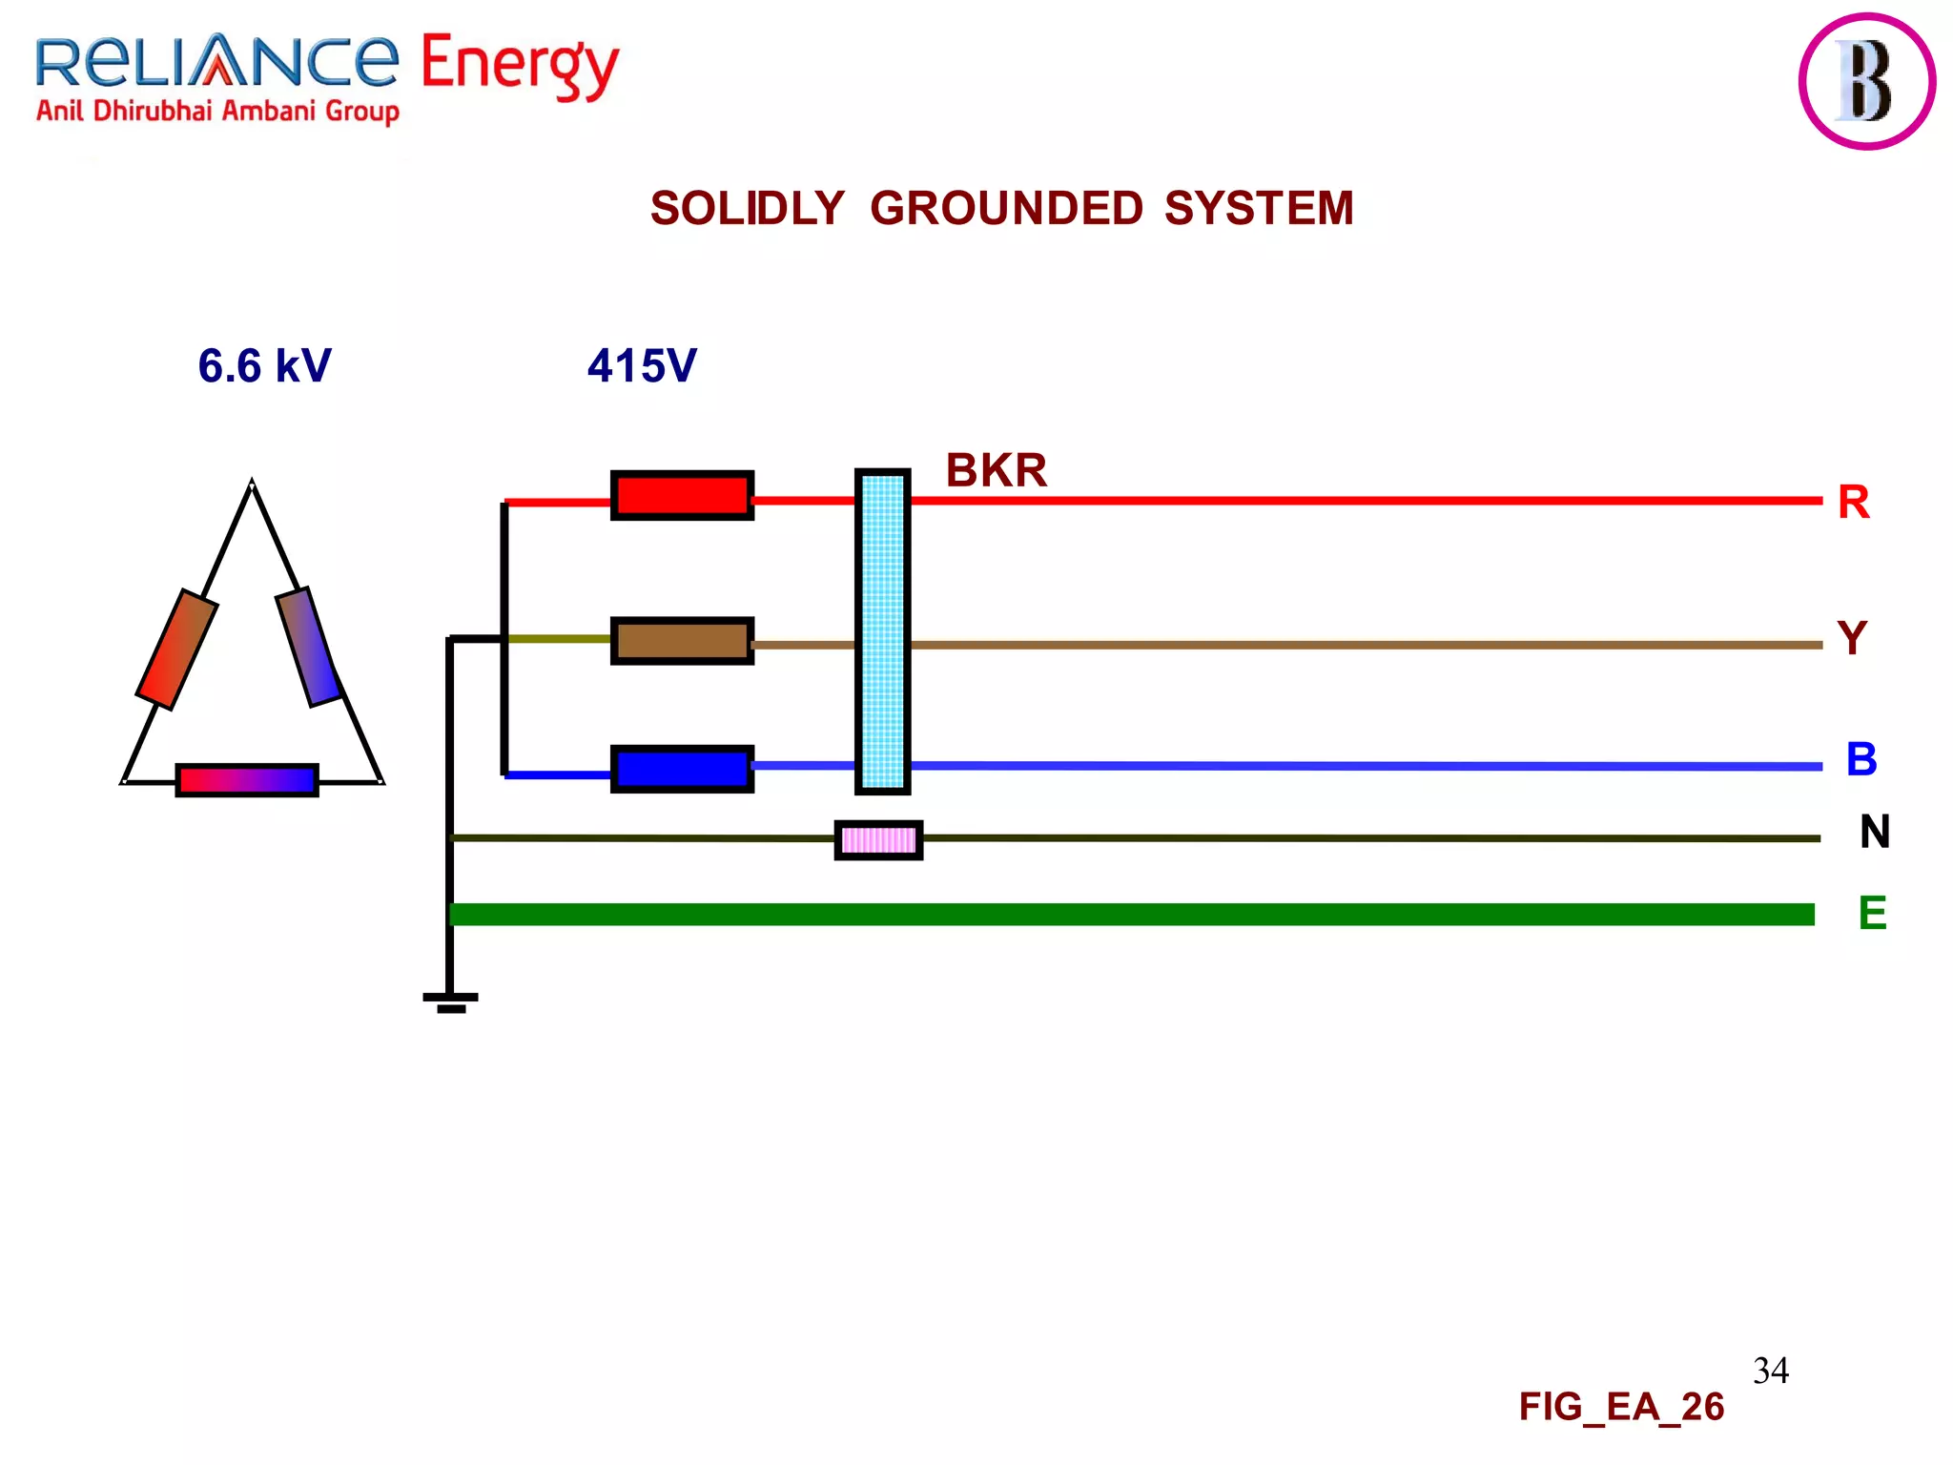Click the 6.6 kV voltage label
264,366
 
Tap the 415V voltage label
642,366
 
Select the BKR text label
996,470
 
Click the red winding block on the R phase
682,495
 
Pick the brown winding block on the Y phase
682,641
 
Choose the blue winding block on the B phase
682,769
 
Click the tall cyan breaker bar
882,631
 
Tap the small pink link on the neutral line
878,840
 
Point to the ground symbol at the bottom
450,1001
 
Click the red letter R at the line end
1853,503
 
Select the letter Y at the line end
1851,638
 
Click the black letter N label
1874,832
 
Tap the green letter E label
1872,914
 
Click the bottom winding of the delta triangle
247,780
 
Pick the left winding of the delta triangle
177,650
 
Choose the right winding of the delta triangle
308,647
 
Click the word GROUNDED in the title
1005,209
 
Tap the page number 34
1770,1371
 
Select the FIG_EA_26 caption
1620,1407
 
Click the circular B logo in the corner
1866,81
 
